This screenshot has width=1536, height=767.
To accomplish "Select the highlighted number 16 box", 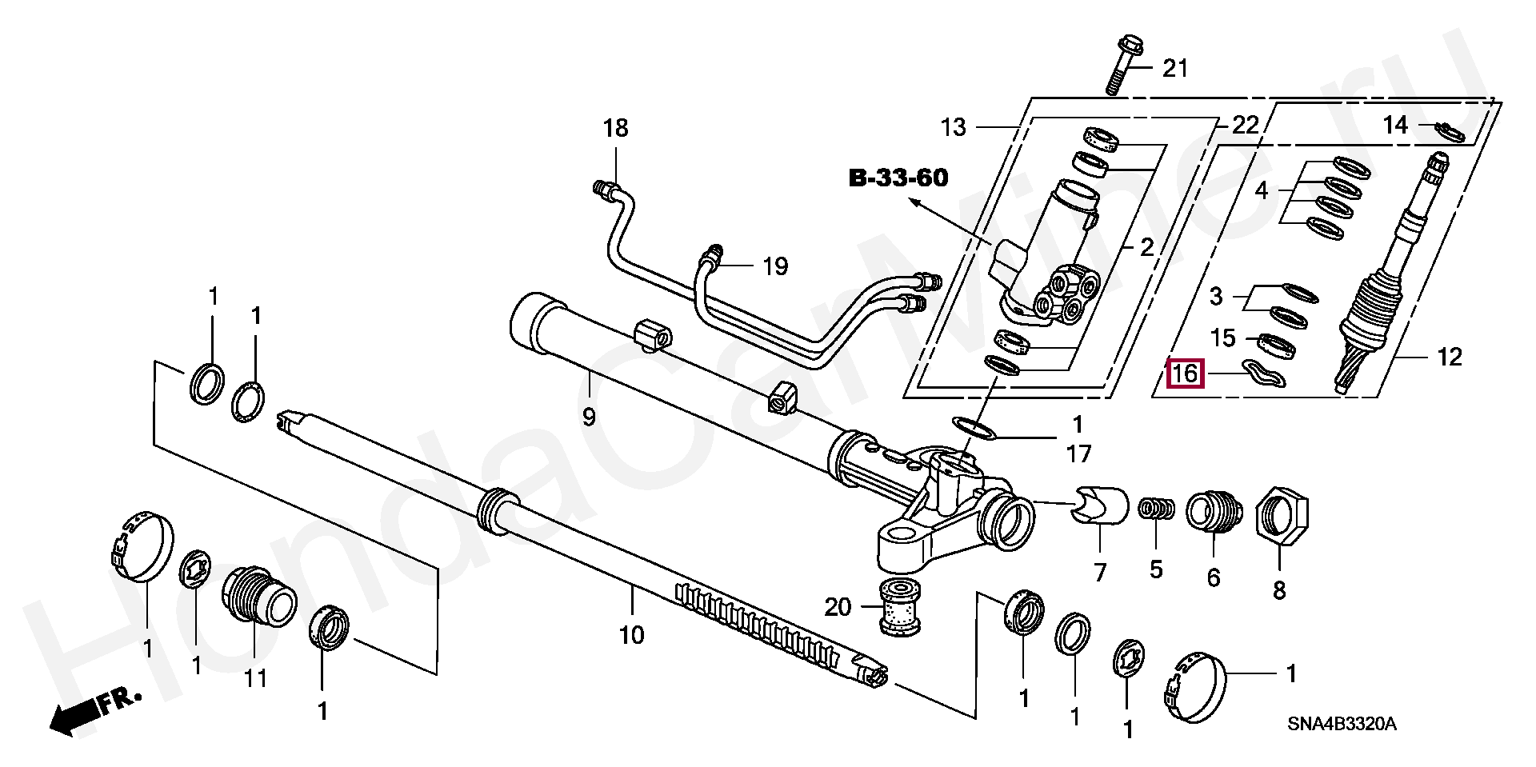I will (x=1186, y=373).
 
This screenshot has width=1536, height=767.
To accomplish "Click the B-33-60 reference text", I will (x=898, y=178).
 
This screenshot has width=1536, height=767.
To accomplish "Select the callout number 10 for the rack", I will (x=631, y=636).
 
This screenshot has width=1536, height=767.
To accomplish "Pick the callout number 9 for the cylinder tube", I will (x=589, y=417).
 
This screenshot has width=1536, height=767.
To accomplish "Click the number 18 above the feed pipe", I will (x=616, y=128).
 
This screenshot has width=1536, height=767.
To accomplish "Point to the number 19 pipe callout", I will (x=774, y=266).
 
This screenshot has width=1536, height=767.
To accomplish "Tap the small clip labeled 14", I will (x=1449, y=133).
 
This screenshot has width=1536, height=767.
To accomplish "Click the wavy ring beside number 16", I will (x=1264, y=374).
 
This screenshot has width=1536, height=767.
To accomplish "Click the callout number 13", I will (x=954, y=127).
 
